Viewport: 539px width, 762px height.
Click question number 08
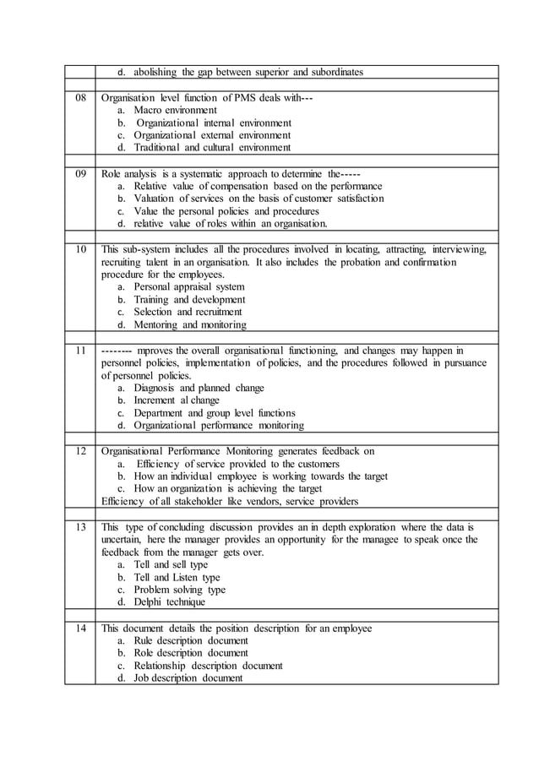point(81,98)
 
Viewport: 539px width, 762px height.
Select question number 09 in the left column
point(81,173)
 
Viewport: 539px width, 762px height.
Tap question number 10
point(81,249)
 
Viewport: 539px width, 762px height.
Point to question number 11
point(81,350)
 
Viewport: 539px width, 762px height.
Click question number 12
point(81,451)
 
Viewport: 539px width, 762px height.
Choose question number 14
point(81,628)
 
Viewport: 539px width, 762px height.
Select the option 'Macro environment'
point(175,111)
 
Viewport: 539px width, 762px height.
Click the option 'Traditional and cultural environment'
point(212,148)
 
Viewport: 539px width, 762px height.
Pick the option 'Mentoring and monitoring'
point(190,324)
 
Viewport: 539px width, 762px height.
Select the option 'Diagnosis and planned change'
point(199,388)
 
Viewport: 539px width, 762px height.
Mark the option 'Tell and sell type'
point(171,564)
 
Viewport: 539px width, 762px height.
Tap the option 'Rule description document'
point(191,640)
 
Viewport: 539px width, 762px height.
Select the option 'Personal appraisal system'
point(189,287)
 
